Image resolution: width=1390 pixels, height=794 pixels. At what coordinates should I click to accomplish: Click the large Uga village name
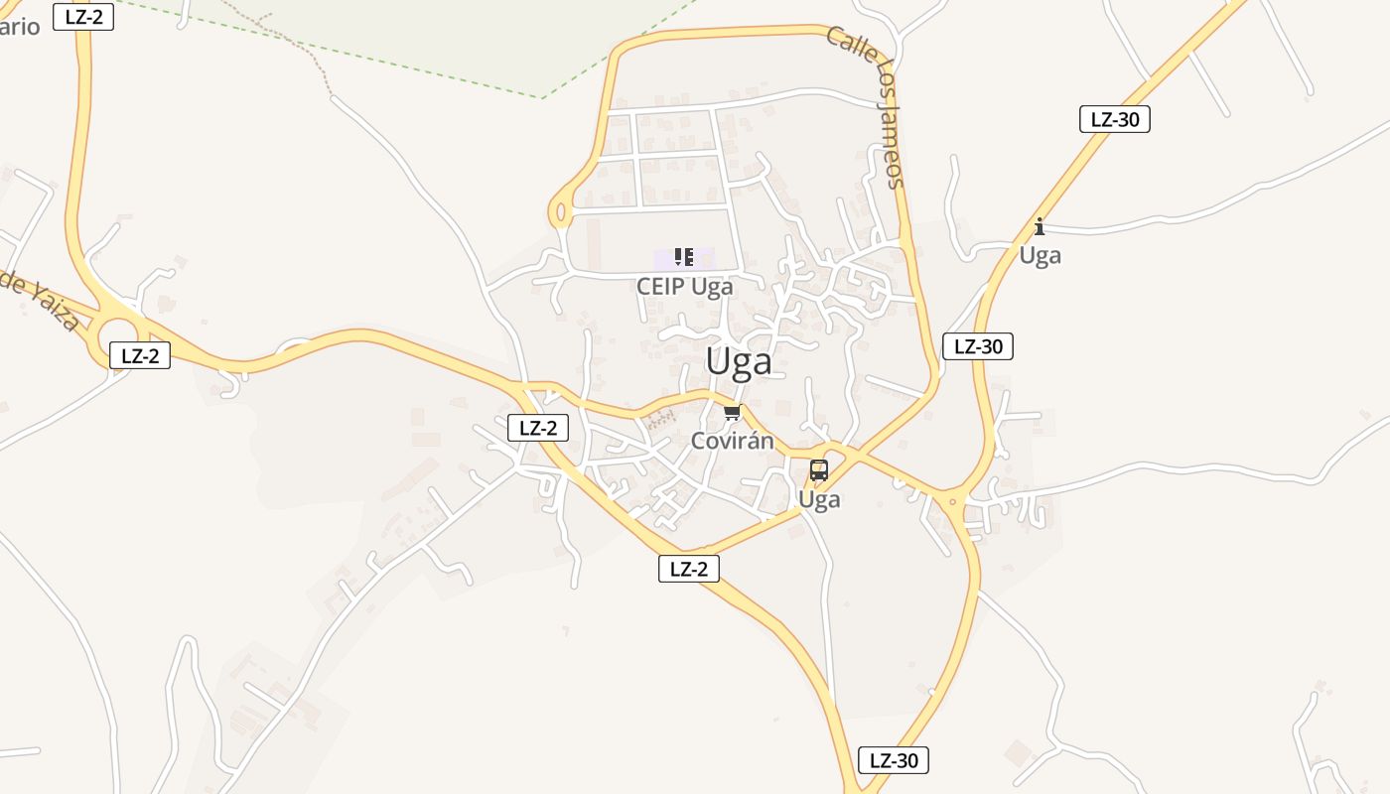tap(739, 362)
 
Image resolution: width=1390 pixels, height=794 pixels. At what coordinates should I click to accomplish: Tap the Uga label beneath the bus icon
tap(819, 499)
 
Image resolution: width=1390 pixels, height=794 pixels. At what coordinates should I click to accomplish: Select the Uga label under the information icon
tap(1040, 256)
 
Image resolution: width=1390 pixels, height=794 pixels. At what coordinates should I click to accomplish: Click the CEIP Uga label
tap(685, 287)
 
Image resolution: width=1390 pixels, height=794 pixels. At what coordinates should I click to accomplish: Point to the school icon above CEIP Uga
tap(683, 258)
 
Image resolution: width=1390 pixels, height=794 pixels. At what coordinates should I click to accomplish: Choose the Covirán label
tap(732, 441)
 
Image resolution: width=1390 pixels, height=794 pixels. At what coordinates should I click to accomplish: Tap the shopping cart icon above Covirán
tap(732, 413)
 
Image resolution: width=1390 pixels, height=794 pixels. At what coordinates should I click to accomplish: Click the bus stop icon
tap(819, 470)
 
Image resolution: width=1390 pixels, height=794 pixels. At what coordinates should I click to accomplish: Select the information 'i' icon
tap(1040, 226)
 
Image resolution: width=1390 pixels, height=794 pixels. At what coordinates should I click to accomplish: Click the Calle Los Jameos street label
tap(865, 106)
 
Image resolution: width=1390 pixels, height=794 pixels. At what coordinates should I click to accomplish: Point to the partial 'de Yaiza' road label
tap(40, 300)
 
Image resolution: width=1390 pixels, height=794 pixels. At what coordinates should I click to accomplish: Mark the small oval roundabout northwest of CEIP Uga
tap(560, 211)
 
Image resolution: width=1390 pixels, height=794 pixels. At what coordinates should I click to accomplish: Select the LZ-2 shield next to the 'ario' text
tap(83, 17)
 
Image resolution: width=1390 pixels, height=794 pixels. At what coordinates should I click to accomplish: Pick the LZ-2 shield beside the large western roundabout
tap(139, 355)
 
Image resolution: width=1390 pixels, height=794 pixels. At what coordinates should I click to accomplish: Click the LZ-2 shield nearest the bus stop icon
tap(688, 569)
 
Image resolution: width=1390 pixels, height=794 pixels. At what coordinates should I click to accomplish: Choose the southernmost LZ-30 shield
tap(894, 760)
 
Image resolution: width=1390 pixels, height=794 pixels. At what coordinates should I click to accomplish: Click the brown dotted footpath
tap(298, 45)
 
